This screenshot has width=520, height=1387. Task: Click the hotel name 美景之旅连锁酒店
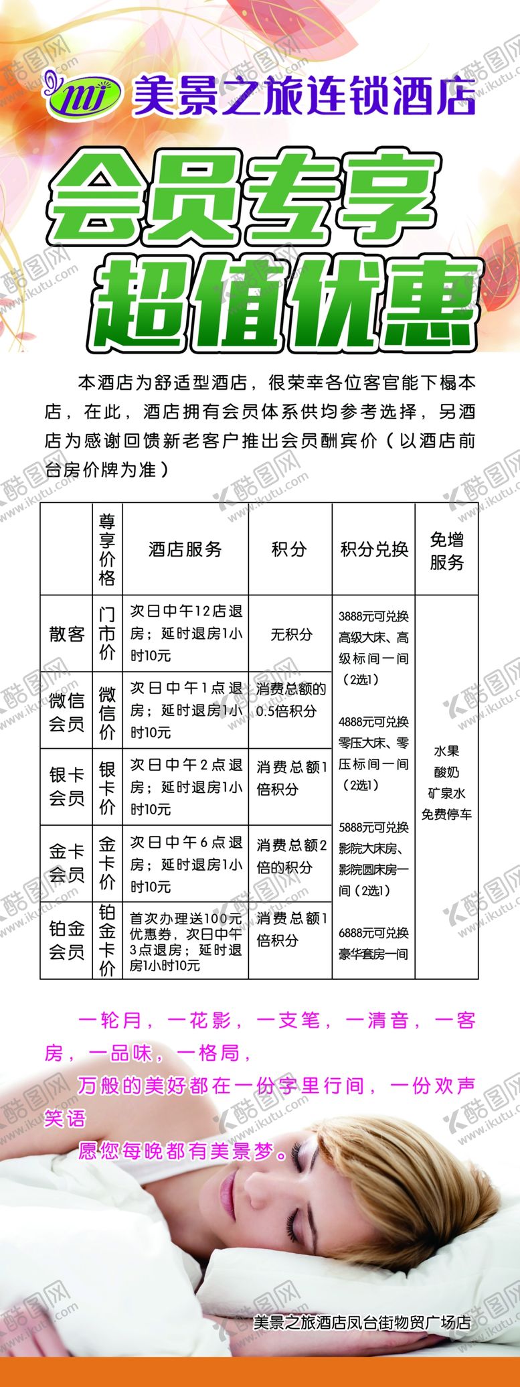pos(305,96)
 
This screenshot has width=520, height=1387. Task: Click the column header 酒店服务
pos(185,549)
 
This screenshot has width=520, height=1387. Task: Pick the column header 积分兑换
pos(373,549)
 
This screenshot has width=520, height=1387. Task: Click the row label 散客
pos(66,634)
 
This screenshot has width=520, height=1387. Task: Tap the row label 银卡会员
pos(66,787)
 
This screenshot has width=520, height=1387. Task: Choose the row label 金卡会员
pos(66,863)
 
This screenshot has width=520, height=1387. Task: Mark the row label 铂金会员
pos(66,940)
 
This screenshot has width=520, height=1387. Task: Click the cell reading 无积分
pos(290,634)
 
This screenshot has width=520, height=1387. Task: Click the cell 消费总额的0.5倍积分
pos(290,699)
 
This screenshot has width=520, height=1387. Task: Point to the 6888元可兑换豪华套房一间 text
pos(373,943)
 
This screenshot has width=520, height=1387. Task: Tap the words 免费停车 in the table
pos(446,814)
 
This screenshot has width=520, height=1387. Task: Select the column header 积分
pos(289,549)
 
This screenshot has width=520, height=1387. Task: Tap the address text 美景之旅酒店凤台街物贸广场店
pos(362,1322)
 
